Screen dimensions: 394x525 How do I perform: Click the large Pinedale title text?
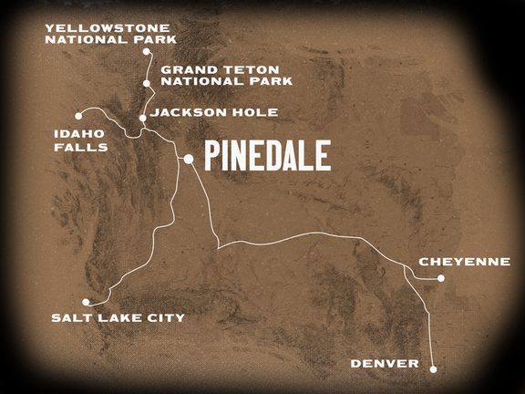[x=266, y=156]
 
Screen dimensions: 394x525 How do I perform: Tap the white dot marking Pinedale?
[x=188, y=159]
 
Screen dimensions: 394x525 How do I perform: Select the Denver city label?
[x=385, y=364]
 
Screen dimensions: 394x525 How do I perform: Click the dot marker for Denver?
[x=433, y=369]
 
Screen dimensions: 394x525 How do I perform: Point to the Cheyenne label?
[x=464, y=262]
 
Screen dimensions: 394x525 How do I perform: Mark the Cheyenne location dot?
[x=441, y=279]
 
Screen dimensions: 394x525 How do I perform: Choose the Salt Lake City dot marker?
[x=86, y=302]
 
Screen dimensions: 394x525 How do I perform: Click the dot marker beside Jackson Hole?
[x=142, y=118]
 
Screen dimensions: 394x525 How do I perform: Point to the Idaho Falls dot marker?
[x=80, y=115]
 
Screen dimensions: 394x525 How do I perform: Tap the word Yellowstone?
[x=95, y=27]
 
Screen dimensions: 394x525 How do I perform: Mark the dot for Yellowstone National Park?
[x=147, y=52]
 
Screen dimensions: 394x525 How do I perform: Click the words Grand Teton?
[x=206, y=68]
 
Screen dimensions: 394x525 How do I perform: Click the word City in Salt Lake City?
[x=163, y=317]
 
